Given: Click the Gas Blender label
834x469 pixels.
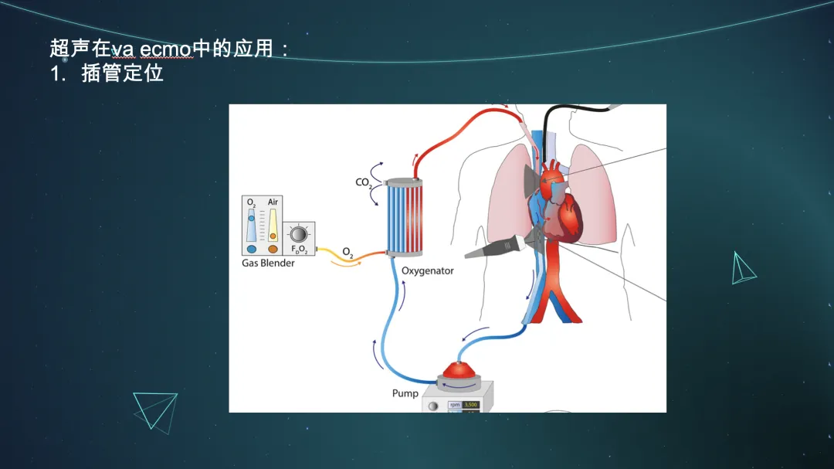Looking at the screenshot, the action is [x=268, y=263].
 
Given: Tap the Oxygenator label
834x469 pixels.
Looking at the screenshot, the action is [x=428, y=270].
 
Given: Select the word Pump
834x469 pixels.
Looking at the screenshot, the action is [x=405, y=393].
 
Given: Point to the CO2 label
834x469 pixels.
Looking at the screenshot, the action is [x=363, y=183].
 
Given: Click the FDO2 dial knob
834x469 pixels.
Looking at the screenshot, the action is [x=300, y=233].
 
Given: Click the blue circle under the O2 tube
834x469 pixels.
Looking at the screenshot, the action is [x=252, y=250].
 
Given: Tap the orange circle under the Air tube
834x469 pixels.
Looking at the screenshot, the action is [x=273, y=250].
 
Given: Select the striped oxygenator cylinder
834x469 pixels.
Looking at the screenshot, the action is [x=404, y=217].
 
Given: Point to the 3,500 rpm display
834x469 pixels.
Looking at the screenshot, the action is [x=470, y=404].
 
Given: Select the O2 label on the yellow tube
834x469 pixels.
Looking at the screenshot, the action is [x=347, y=252].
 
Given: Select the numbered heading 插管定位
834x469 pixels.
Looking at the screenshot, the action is [x=122, y=75].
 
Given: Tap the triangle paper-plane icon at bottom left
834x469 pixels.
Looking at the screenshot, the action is [x=154, y=410].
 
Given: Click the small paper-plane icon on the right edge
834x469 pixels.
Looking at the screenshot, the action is [x=742, y=268].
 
